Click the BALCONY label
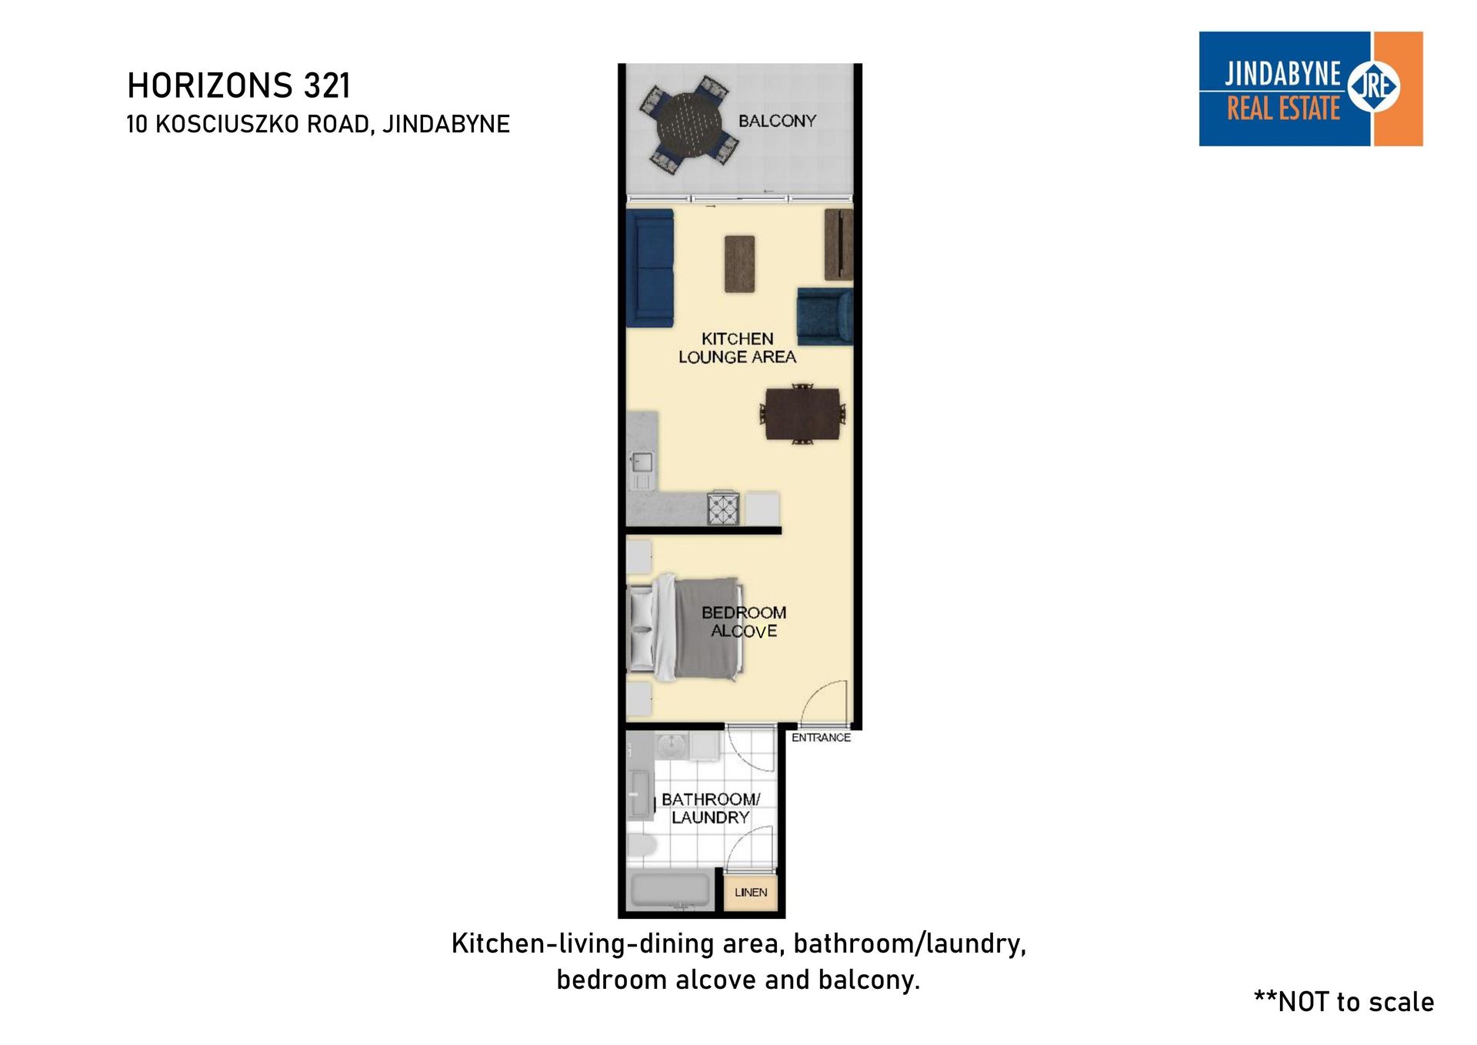(777, 121)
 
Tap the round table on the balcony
(690, 124)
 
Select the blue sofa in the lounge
(651, 268)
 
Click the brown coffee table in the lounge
(739, 264)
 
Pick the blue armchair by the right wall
(825, 316)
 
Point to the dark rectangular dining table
(802, 413)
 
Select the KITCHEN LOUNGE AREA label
(737, 348)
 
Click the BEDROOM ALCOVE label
(744, 622)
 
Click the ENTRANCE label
(821, 737)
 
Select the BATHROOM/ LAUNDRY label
(711, 808)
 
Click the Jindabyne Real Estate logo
(1311, 88)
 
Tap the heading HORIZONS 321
(238, 85)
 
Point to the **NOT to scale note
(1344, 1001)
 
